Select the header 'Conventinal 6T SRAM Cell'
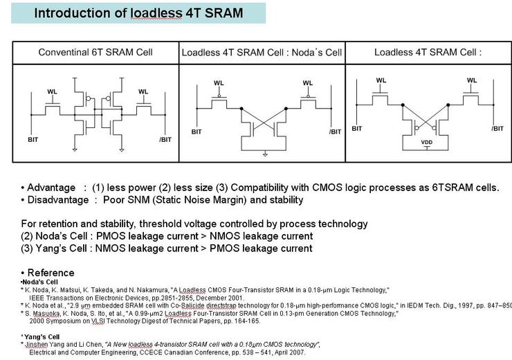[x=95, y=52]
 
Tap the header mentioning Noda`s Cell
[x=262, y=53]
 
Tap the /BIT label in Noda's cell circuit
[x=335, y=131]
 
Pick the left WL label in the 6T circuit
[x=53, y=91]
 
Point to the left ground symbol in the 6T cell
[x=74, y=147]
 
